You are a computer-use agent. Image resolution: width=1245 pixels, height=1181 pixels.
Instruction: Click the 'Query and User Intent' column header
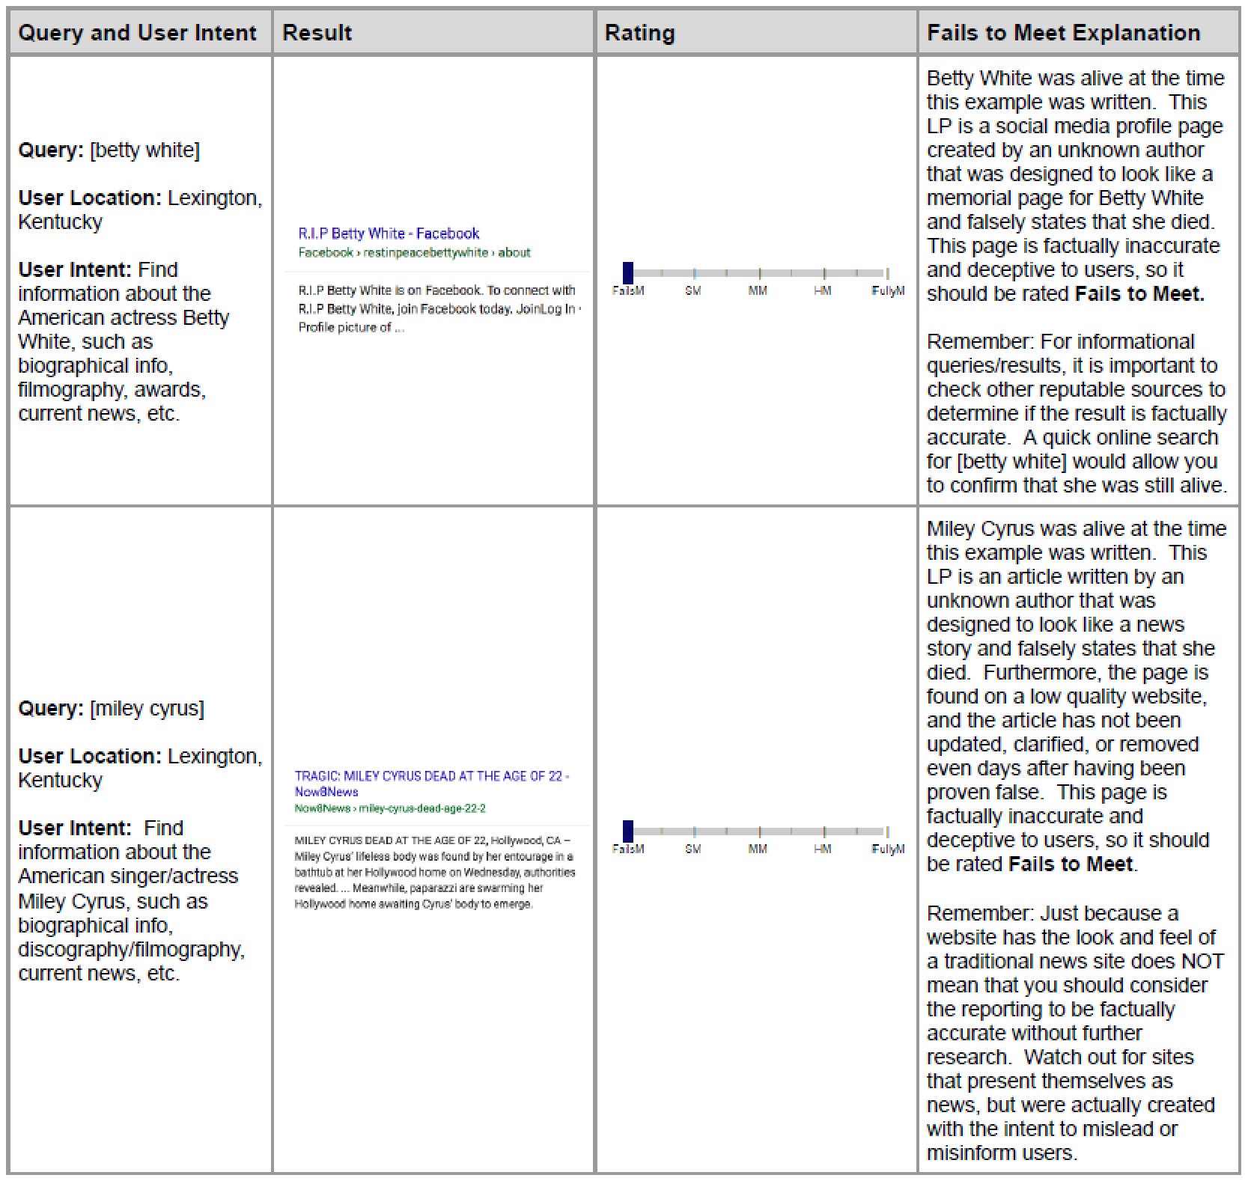(137, 33)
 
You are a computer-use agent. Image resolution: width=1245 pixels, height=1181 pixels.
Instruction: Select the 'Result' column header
(317, 33)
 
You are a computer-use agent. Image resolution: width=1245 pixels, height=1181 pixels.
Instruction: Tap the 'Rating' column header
(639, 33)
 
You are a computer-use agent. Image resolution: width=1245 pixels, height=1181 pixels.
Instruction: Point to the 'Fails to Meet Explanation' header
(1063, 33)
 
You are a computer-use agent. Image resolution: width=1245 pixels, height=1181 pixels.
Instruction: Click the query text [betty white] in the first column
(144, 150)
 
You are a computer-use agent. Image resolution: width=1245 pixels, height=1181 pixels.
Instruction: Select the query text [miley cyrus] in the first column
(147, 709)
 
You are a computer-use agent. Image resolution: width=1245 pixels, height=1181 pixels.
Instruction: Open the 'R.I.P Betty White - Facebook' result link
(389, 234)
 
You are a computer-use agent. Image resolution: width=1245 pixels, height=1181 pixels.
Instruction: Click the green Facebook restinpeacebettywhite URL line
(414, 253)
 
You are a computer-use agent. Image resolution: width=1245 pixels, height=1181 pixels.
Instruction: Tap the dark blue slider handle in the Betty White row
(628, 272)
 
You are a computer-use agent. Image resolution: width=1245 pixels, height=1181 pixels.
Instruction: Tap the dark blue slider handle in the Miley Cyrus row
(628, 831)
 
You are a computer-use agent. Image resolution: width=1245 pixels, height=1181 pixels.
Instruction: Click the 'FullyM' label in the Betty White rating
(888, 291)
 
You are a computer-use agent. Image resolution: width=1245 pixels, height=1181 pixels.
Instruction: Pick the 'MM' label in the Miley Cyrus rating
(758, 849)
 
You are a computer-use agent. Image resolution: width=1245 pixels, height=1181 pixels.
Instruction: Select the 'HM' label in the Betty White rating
(822, 291)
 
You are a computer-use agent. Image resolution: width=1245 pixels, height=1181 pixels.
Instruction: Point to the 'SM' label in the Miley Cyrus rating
(692, 849)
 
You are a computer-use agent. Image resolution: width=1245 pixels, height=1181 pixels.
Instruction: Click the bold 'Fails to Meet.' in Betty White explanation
(1139, 294)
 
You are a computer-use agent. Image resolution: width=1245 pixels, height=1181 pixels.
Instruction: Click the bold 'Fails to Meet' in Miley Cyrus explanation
(1071, 864)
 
